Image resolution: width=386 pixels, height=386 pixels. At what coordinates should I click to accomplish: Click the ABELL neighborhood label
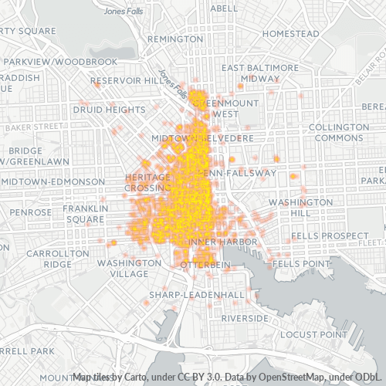pyautogui.click(x=224, y=8)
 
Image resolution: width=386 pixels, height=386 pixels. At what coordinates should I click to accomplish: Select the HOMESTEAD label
pyautogui.click(x=290, y=34)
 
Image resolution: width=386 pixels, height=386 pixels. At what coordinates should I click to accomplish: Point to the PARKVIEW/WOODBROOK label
pyautogui.click(x=59, y=61)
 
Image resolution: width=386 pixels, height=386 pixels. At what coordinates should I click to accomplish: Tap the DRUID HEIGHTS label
pyautogui.click(x=108, y=110)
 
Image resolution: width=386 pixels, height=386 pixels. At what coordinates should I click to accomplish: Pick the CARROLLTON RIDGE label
pyautogui.click(x=49, y=258)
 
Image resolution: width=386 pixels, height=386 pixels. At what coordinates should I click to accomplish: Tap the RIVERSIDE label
pyautogui.click(x=244, y=318)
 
